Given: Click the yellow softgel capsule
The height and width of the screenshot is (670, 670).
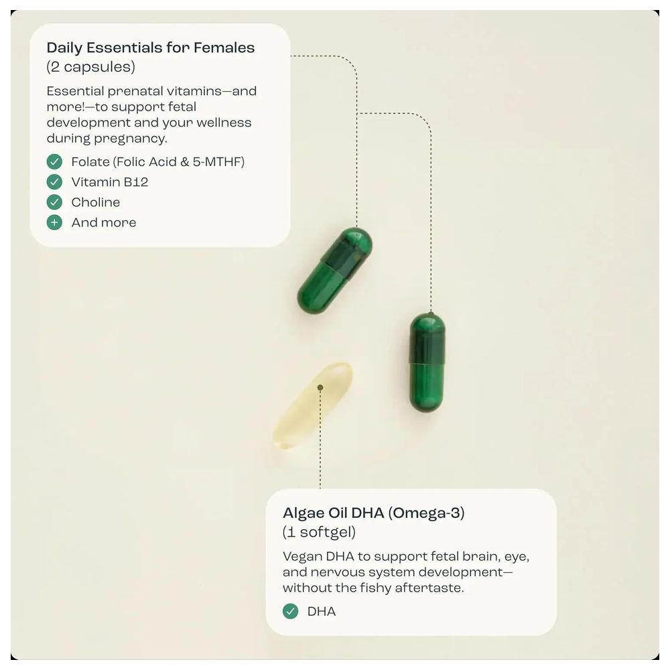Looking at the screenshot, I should click(312, 406).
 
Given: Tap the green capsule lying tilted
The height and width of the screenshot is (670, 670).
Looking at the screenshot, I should click(334, 271).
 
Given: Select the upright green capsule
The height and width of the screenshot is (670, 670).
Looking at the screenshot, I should click(427, 362).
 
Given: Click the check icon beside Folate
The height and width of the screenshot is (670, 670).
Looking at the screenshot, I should click(54, 161).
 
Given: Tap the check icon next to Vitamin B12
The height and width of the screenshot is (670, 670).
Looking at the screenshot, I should click(54, 182).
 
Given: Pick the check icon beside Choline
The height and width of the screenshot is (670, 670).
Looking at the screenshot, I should click(54, 202).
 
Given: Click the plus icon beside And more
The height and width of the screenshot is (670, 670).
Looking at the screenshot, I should click(54, 222).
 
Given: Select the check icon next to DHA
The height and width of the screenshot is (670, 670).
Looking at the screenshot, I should click(290, 611).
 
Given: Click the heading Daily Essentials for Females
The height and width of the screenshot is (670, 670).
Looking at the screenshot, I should click(151, 48).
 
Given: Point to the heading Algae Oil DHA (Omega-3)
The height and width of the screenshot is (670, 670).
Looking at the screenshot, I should click(373, 513).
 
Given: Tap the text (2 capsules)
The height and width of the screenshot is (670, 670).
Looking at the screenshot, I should click(90, 67).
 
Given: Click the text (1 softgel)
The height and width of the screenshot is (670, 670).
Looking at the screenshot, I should click(319, 533).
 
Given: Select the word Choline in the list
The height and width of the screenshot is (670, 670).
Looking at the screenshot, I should click(96, 202).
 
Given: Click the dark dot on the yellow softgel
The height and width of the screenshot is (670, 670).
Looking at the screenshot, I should click(320, 388).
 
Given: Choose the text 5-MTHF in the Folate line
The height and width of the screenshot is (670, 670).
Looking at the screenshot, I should click(218, 161).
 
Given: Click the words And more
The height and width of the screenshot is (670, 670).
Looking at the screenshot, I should click(104, 222).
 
